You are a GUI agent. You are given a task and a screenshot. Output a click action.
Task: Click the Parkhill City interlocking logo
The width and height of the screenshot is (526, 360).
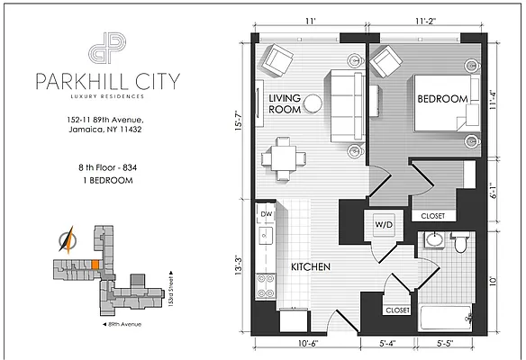coord(107,48)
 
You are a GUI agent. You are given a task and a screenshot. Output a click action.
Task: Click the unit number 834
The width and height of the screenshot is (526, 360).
coord(130,167)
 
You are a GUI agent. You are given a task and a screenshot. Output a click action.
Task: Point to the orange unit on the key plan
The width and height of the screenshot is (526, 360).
coord(95,265)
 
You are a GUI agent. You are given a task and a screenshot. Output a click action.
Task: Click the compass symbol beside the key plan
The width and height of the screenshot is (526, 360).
coord(67,240)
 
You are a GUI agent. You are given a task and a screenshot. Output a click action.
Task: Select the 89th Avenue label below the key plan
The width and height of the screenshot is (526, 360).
coord(122,325)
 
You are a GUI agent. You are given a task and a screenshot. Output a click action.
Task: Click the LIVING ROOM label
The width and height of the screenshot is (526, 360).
coord(285,103)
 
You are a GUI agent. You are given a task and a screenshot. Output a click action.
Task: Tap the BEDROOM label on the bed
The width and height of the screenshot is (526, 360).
coord(442,99)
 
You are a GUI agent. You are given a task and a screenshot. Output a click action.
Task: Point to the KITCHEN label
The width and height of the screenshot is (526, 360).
coord(311,266)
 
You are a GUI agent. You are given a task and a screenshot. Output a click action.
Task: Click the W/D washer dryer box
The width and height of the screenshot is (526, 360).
coord(384,225)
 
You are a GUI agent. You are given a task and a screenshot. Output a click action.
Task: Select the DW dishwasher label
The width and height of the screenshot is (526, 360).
coord(267,214)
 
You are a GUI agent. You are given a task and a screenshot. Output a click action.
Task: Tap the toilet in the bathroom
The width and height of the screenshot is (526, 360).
coord(460,242)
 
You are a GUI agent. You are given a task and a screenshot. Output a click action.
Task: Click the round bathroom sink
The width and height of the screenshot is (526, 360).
coord(434,239)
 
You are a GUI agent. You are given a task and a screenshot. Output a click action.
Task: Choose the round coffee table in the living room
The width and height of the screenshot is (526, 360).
coord(313,103)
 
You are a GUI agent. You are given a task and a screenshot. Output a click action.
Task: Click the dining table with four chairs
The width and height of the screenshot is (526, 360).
coord(284,158)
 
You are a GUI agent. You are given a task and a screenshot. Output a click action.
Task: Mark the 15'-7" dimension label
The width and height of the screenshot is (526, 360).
coord(239,120)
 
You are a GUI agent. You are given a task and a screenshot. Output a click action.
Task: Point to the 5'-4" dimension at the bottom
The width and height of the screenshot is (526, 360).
coord(388,344)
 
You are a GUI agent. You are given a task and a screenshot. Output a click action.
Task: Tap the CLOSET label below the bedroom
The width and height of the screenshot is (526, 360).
coord(432,216)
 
